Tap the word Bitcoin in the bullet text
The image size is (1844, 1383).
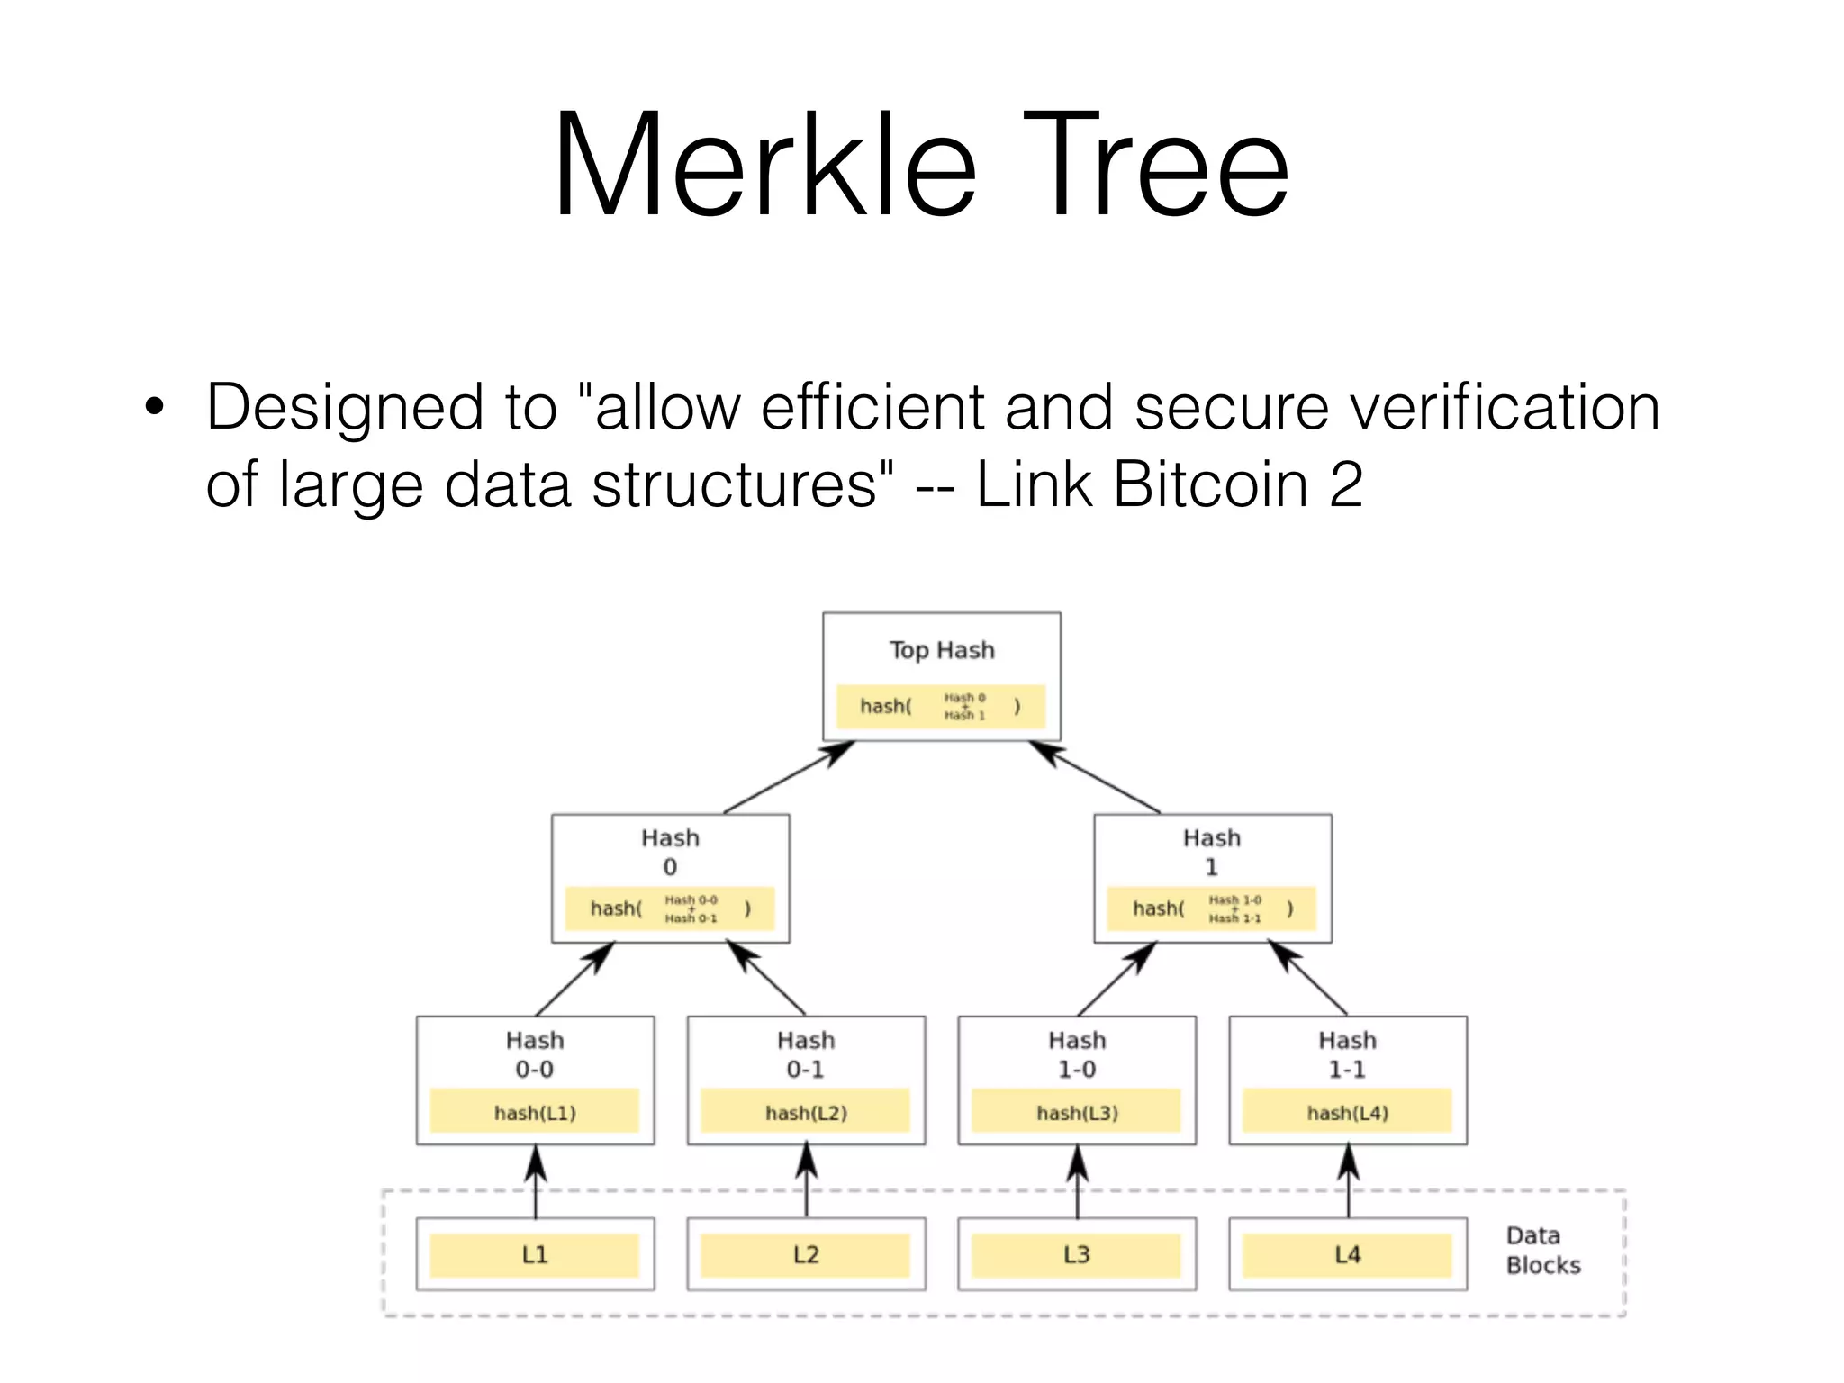(1210, 484)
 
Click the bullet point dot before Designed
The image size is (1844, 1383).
(155, 407)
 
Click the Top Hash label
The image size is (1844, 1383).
(942, 650)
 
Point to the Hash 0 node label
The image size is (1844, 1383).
(670, 852)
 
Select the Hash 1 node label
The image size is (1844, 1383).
(1212, 852)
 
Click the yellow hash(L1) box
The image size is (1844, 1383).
(535, 1112)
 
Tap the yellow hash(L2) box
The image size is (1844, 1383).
(806, 1112)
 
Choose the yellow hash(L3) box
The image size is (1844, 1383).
(1077, 1112)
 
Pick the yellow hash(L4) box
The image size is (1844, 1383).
(1348, 1112)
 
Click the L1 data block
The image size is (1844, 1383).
(535, 1255)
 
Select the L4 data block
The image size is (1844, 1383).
(1348, 1255)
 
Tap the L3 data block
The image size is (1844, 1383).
(1077, 1255)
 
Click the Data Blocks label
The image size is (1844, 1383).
(1542, 1250)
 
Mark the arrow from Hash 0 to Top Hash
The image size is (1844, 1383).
(788, 777)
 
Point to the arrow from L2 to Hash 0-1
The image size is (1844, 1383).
(807, 1180)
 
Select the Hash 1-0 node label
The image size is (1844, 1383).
(1077, 1054)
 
